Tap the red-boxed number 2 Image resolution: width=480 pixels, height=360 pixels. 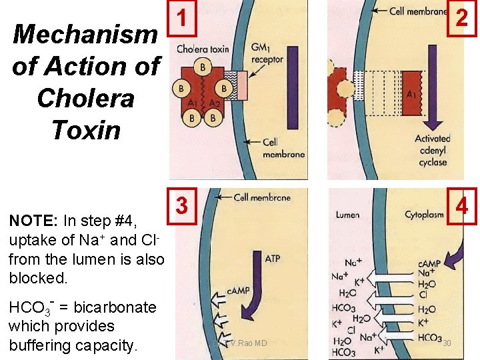(461, 18)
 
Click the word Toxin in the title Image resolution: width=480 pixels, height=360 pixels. (86, 129)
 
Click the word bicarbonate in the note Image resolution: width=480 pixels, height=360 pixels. (115, 307)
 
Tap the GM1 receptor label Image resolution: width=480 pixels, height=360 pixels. (267, 54)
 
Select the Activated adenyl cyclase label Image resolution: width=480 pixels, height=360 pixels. (432, 152)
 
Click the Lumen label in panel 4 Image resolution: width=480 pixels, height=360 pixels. (347, 215)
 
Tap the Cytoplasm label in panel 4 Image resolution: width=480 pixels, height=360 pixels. (425, 215)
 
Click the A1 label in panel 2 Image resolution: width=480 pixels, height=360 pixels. (411, 94)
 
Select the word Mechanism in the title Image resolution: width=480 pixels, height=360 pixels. (85, 34)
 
